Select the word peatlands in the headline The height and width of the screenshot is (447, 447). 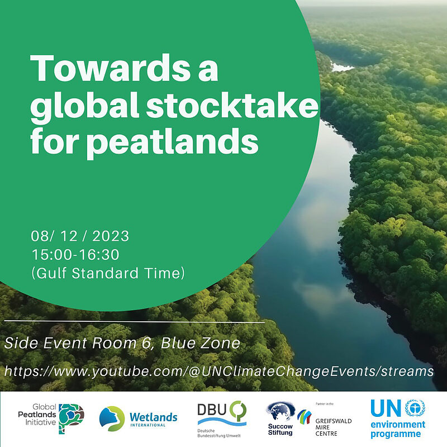click(173, 142)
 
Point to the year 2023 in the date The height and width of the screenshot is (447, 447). click(111, 236)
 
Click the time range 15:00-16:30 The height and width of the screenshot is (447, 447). click(75, 255)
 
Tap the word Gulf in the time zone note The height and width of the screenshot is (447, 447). click(51, 273)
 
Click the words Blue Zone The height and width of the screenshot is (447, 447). click(201, 343)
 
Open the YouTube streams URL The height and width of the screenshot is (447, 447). click(219, 371)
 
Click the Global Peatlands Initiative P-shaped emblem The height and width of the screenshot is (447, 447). click(71, 418)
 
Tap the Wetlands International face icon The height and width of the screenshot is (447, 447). click(112, 419)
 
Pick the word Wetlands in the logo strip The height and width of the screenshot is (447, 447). click(153, 417)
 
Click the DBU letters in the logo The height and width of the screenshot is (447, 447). click(212, 410)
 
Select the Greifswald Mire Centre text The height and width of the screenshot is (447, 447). click(333, 427)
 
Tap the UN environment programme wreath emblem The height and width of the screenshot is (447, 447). click(415, 408)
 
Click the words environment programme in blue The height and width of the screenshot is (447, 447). click(398, 430)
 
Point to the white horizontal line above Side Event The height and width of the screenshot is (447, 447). click(134, 322)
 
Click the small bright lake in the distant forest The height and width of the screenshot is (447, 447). click(342, 67)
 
